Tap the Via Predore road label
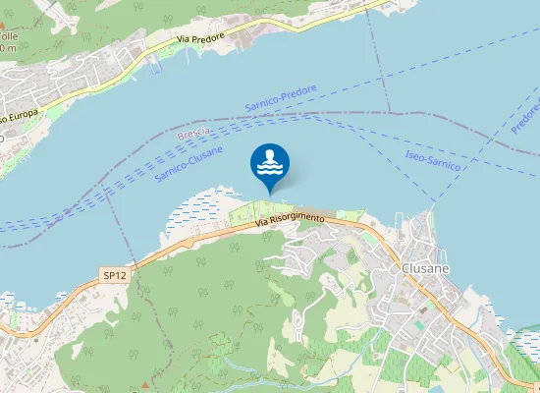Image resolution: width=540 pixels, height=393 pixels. [x=200, y=36]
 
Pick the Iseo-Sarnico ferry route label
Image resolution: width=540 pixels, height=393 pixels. [x=433, y=159]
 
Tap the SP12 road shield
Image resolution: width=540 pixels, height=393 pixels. [x=115, y=276]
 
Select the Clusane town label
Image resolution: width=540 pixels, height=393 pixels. [x=424, y=266]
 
